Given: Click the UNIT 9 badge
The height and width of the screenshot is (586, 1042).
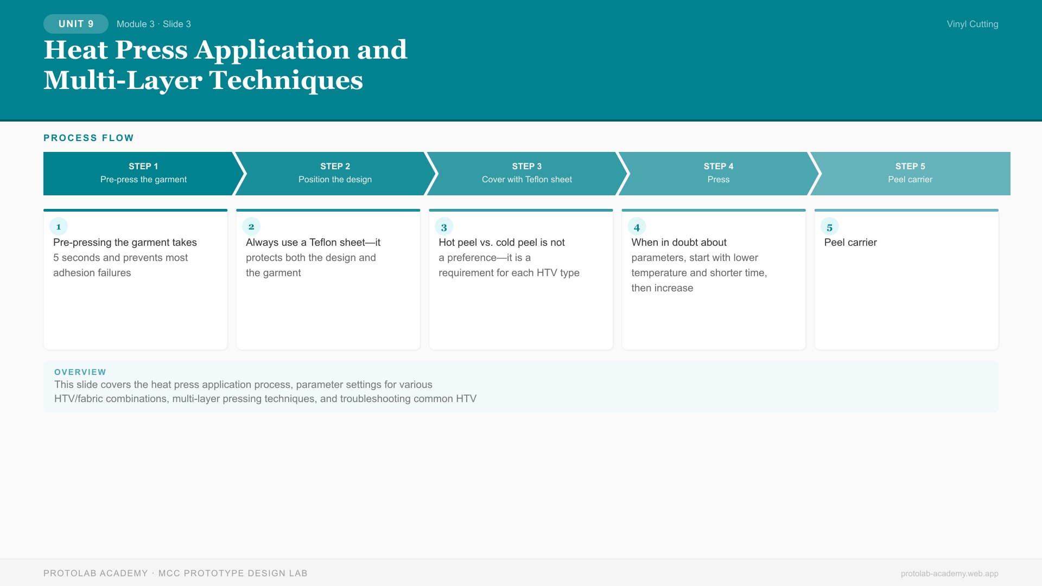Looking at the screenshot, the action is click(x=76, y=24).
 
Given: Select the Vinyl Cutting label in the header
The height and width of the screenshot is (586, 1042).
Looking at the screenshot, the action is click(x=973, y=24).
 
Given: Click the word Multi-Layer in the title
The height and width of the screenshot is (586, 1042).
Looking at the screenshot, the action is click(x=123, y=80).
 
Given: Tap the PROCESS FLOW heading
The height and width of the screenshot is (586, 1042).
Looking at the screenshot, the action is click(x=88, y=138).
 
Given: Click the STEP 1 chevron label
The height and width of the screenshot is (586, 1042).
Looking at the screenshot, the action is click(x=143, y=166).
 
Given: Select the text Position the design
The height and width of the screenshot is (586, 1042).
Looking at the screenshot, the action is click(x=335, y=180).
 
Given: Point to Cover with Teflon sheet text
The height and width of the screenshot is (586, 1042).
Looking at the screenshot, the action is click(x=527, y=180).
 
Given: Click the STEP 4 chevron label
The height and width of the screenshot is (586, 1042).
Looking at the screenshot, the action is click(x=719, y=166).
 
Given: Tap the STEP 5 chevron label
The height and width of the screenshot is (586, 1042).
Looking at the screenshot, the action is click(x=910, y=166).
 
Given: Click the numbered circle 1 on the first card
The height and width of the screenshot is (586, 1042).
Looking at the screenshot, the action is click(x=59, y=227).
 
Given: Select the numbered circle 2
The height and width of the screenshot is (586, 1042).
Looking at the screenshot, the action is click(x=251, y=227).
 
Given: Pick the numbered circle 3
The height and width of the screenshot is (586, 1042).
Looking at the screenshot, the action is click(x=444, y=227).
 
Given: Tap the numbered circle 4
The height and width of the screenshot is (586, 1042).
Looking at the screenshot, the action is click(x=637, y=227).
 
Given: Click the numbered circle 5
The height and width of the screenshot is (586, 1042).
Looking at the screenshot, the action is click(x=830, y=227).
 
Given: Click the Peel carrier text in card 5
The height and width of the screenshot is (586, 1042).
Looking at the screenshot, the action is click(x=850, y=243).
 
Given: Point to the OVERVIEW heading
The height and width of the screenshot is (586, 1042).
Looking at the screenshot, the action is click(x=80, y=372).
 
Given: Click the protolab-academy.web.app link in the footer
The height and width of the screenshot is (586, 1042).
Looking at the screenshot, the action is click(x=949, y=574).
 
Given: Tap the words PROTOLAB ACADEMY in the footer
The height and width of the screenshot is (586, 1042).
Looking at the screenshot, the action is click(x=96, y=574).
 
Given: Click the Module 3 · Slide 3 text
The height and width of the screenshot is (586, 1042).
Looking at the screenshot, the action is click(x=154, y=24).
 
